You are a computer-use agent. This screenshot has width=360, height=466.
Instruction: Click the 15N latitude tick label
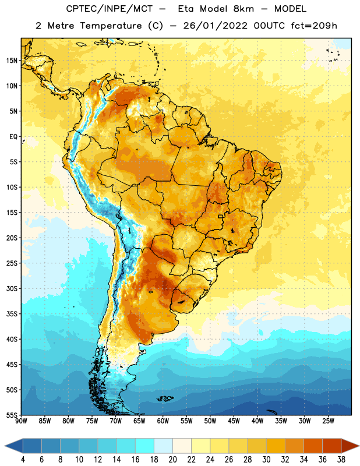tap(12, 61)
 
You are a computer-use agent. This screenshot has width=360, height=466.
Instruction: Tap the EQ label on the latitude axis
tap(13, 137)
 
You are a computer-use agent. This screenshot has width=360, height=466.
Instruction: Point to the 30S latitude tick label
tap(12, 288)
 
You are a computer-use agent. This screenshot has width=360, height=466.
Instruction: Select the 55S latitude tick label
tap(12, 415)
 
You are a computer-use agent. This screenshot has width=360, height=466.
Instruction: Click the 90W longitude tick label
tap(21, 421)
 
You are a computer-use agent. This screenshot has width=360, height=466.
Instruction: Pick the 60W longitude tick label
tap(163, 421)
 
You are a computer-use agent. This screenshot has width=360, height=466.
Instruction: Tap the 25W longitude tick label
tap(328, 421)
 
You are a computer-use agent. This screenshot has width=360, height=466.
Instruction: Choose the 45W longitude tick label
tap(234, 421)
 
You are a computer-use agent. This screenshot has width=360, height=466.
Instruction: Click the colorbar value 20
tap(172, 460)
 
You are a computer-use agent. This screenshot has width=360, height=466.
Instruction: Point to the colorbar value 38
tap(341, 460)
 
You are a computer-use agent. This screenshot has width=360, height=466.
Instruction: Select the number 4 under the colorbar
tap(23, 460)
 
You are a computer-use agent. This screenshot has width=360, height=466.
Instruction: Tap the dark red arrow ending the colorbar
tap(350, 446)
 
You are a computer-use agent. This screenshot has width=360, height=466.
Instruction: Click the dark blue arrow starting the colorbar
tap(14, 446)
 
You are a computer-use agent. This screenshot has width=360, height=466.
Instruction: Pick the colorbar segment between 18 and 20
tap(163, 446)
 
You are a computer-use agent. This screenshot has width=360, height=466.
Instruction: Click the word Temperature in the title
tap(111, 26)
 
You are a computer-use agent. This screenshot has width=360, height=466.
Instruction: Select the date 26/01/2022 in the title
tap(215, 26)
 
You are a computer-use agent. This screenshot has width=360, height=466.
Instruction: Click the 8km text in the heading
tap(243, 9)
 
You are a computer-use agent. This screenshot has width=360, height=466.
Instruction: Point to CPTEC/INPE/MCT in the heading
tap(110, 9)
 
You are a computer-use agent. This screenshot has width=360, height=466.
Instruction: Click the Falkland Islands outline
tap(165, 398)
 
